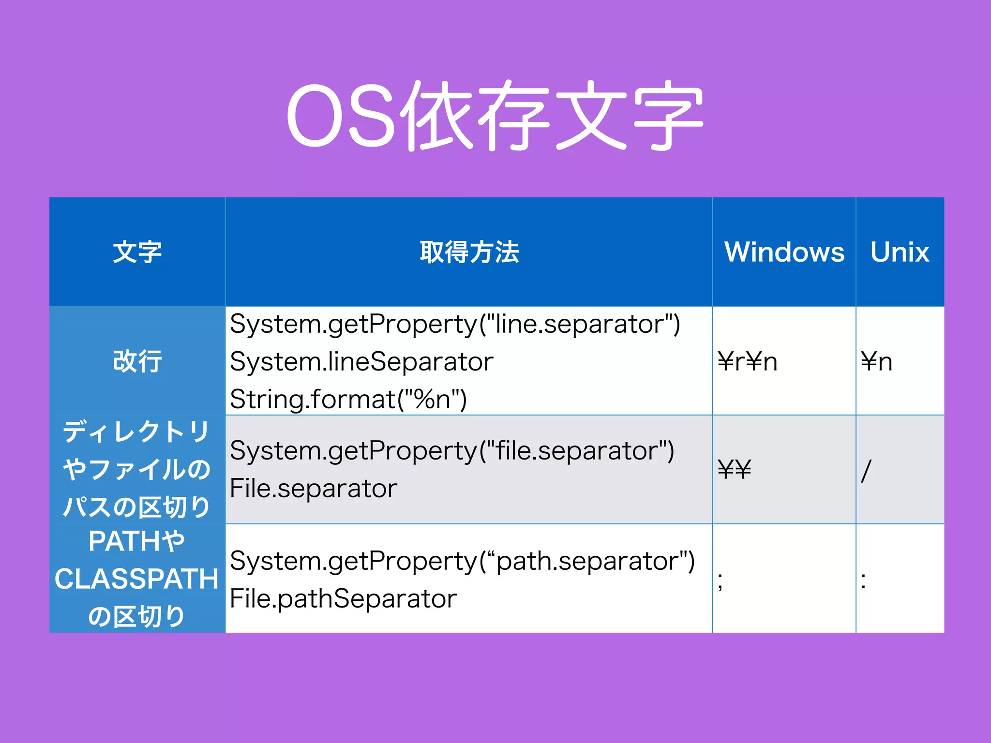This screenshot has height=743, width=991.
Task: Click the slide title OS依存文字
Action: tap(495, 116)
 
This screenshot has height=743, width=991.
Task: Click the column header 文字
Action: tap(137, 252)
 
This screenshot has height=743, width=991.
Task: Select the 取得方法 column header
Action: tap(469, 252)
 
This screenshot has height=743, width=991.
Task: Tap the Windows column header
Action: tap(784, 252)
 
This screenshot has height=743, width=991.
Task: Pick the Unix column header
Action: tap(900, 252)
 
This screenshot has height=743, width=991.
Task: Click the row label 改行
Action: tap(137, 361)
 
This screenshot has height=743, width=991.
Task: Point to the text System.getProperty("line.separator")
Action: tap(455, 324)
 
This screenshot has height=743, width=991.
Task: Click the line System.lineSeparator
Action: tap(361, 362)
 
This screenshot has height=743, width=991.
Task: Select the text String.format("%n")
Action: tap(348, 400)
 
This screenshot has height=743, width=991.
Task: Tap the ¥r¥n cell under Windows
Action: tap(748, 362)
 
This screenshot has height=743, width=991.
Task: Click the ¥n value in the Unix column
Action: tap(876, 362)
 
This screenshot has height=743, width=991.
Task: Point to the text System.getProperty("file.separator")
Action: tap(452, 451)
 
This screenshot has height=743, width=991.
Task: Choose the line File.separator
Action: tap(314, 489)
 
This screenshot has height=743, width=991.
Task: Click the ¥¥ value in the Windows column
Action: tap(734, 470)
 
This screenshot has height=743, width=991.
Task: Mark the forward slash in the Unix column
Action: tap(866, 471)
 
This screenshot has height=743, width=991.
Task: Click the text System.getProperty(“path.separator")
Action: tap(462, 561)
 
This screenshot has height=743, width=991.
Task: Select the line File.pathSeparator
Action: tap(343, 599)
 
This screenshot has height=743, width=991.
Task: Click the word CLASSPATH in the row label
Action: tap(137, 579)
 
